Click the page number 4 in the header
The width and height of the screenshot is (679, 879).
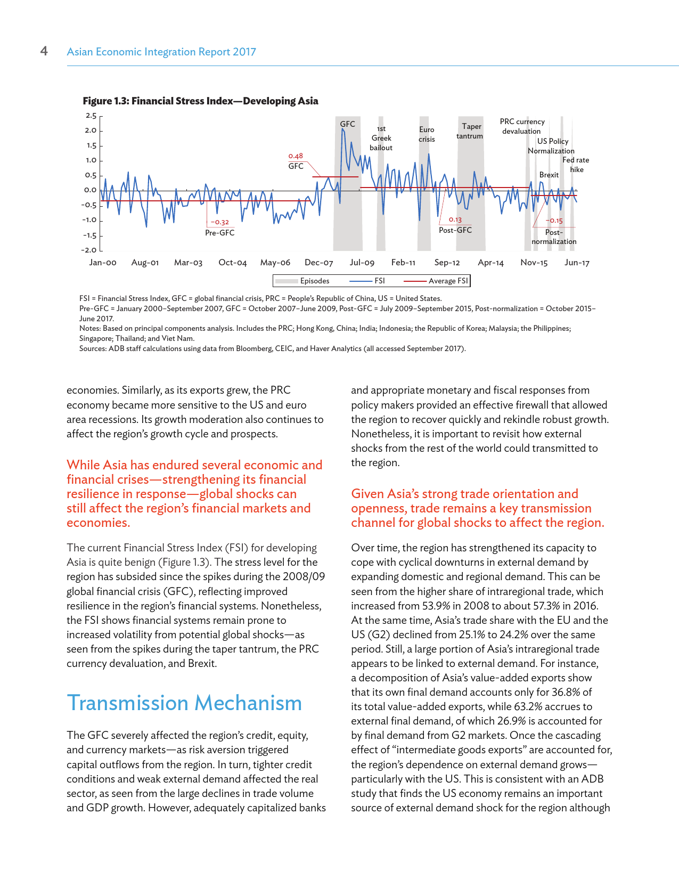tap(44, 51)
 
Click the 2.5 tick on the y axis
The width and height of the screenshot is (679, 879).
tap(91, 116)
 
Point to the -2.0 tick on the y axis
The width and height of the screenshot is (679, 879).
tap(89, 250)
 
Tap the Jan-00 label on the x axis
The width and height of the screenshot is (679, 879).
tap(103, 263)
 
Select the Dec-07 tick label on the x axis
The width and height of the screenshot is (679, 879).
tap(319, 263)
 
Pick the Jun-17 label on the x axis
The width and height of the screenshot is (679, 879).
tap(577, 263)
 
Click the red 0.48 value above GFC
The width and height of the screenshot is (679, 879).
tap(296, 156)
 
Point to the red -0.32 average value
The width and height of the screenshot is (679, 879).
tap(219, 222)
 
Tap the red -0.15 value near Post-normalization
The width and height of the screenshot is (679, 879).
tap(554, 221)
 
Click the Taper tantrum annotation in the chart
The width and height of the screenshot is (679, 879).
tap(470, 131)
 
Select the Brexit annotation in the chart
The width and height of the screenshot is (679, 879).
tap(549, 175)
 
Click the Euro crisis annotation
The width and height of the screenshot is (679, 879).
tap(427, 134)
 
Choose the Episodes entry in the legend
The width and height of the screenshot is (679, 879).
tap(314, 281)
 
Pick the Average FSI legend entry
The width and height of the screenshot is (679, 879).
tap(448, 281)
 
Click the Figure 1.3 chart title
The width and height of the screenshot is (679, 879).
tap(200, 101)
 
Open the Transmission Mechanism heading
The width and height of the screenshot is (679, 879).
tap(184, 703)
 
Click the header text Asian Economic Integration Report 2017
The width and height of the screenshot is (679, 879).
tap(161, 52)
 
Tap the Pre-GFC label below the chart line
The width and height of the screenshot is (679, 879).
tap(220, 233)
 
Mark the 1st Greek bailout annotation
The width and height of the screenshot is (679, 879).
tap(381, 138)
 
